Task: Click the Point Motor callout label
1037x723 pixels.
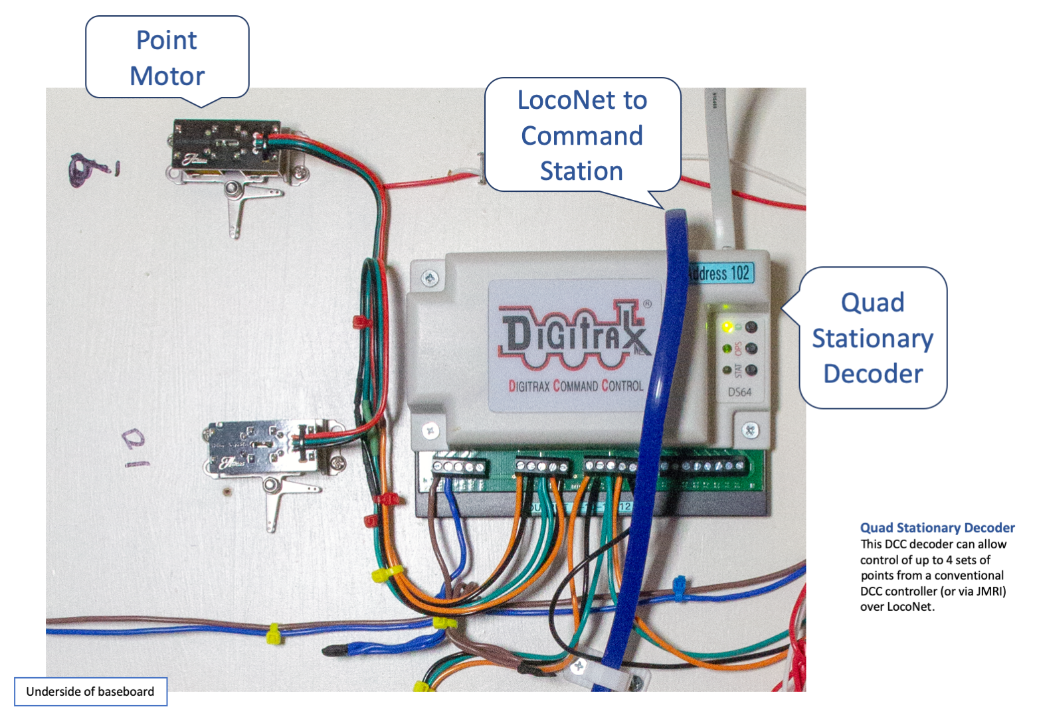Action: [x=167, y=58]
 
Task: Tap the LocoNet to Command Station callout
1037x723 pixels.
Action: [x=582, y=135]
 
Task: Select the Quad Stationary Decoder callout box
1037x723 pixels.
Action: [x=873, y=338]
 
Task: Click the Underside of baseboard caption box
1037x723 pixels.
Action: [x=90, y=692]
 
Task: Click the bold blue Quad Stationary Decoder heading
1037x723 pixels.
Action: [x=937, y=528]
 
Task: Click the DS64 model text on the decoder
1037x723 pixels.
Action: [x=739, y=392]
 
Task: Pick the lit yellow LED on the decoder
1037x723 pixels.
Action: [x=727, y=327]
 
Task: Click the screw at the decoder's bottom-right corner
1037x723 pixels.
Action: [x=751, y=430]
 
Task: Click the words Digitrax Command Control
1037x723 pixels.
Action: [x=575, y=386]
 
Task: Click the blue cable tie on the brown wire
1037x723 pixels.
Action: [x=680, y=587]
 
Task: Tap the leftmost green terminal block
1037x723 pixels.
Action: [x=459, y=466]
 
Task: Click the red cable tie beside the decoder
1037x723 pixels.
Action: [x=361, y=322]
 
